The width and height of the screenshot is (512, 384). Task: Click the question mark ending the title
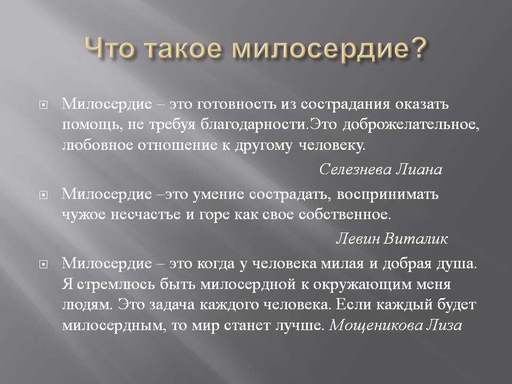point(417,47)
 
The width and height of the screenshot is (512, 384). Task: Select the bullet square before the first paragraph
point(43,105)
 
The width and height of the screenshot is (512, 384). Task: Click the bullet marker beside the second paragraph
point(43,195)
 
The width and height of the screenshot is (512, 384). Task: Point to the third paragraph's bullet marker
point(43,264)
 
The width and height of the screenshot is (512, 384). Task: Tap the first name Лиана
point(419,169)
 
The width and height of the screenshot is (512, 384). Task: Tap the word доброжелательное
point(411,125)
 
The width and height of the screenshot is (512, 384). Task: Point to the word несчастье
point(146,215)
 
